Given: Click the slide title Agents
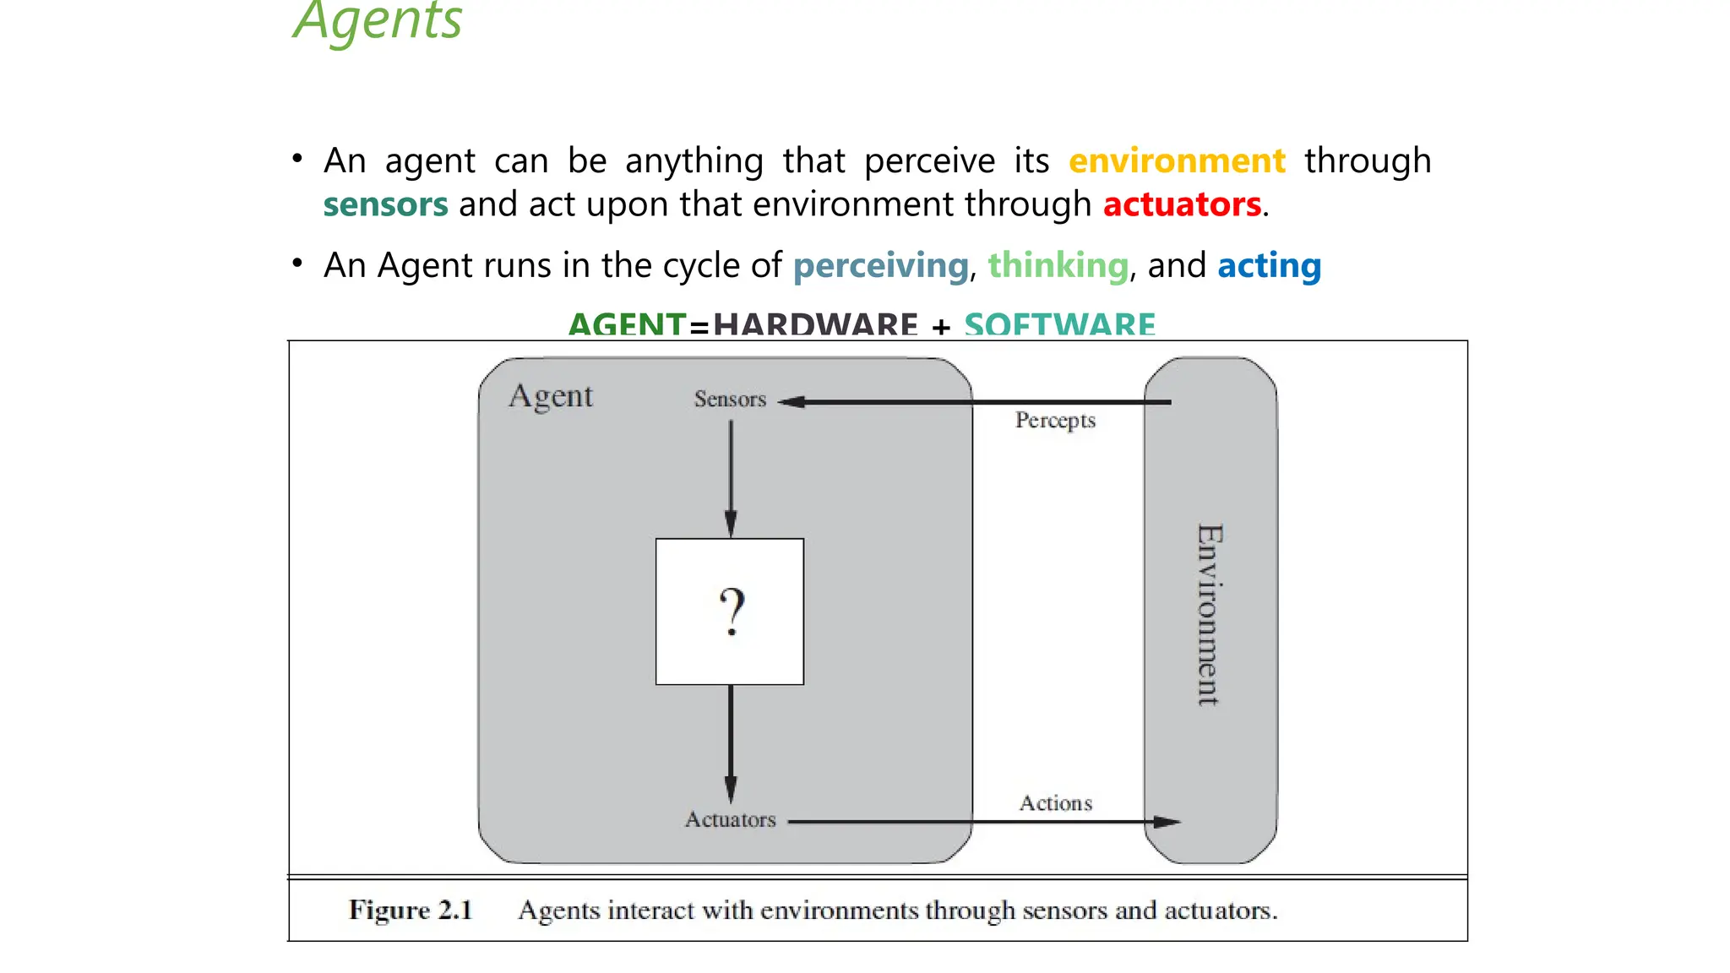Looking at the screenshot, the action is point(378,21).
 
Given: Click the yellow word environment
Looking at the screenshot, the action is point(1177,160).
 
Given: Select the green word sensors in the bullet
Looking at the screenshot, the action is point(385,204).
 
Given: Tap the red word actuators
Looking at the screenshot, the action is point(1182,204).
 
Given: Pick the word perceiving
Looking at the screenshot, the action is point(880,265).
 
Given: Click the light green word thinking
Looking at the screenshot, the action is point(1058,265).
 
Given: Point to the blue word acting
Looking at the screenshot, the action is point(1269,265).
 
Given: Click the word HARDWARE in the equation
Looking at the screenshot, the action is point(815,324).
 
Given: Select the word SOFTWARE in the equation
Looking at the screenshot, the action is point(1059,324).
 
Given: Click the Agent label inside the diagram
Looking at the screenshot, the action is point(551,396).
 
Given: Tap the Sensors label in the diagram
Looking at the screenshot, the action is point(730,399).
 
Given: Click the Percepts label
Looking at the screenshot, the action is point(1055,420).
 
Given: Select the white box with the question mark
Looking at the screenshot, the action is point(730,612).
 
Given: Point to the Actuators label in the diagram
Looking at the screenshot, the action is point(730,819).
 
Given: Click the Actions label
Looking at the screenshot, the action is point(1055,802).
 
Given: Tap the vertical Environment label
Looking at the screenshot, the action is point(1210,614).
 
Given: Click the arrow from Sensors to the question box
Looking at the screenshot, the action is point(731,477).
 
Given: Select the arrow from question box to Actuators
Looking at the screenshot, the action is point(731,743).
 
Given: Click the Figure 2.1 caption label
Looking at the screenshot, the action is point(411,910).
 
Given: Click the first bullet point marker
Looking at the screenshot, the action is point(297,158).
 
